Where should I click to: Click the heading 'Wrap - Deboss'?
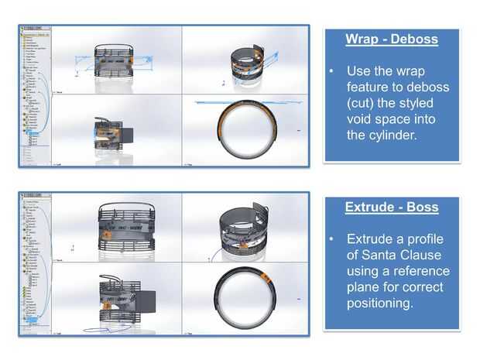click(391, 39)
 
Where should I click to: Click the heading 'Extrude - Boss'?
click(392, 207)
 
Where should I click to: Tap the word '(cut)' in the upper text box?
click(366, 102)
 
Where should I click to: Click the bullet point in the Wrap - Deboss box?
click(331, 70)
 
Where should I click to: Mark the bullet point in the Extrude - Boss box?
click(331, 238)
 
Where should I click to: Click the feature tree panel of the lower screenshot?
click(36, 263)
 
